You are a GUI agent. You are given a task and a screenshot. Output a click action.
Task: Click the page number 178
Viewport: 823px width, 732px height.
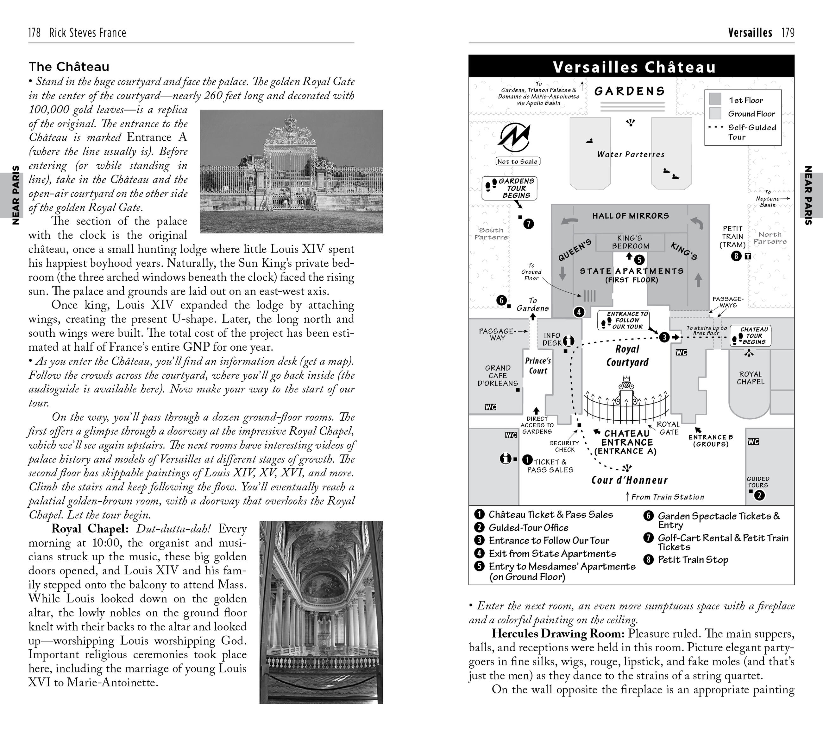click(x=34, y=33)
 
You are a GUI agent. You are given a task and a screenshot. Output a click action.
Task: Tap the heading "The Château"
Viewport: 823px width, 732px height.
click(x=69, y=67)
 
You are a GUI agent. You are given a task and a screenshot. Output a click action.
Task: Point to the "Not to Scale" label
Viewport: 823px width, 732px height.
click(x=518, y=162)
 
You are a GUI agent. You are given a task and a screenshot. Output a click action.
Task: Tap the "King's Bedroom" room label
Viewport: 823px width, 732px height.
click(x=630, y=242)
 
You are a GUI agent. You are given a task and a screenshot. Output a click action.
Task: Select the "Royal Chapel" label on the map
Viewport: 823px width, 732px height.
click(x=750, y=378)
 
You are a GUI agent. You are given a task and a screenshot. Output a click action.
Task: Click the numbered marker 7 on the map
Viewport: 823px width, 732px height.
click(x=529, y=224)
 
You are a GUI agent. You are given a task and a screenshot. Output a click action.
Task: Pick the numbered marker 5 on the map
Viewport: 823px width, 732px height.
click(x=639, y=260)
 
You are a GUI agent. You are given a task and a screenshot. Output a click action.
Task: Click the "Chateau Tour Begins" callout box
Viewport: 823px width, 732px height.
click(x=751, y=335)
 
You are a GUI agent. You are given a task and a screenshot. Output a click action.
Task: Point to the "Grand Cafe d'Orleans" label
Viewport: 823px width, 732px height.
click(x=498, y=375)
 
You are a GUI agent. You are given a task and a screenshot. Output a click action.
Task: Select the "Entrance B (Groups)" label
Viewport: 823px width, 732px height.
click(x=711, y=440)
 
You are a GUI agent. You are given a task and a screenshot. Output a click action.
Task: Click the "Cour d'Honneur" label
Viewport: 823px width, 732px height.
click(x=629, y=480)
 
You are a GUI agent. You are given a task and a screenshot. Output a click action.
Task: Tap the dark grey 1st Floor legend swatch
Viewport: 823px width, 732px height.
click(x=715, y=99)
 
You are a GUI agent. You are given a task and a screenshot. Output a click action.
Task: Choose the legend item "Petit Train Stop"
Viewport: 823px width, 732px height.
click(x=693, y=560)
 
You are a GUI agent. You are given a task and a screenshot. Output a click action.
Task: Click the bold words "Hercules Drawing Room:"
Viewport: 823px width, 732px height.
click(x=558, y=634)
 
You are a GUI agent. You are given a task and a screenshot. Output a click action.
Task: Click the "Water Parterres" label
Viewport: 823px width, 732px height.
click(x=631, y=154)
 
